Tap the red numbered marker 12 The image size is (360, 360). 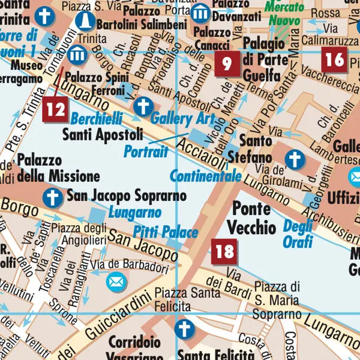pyautogui.click(x=56, y=109)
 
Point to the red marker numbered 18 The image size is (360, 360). pyautogui.click(x=224, y=251)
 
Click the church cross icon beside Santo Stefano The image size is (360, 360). pyautogui.click(x=294, y=160)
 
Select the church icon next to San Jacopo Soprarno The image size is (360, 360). pyautogui.click(x=53, y=196)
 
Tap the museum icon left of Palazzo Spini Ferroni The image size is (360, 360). pyautogui.click(x=76, y=55)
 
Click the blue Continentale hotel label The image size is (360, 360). pyautogui.click(x=205, y=176)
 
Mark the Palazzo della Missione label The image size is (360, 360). pyautogui.click(x=58, y=168)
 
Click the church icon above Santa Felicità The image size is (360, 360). pyautogui.click(x=185, y=329)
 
